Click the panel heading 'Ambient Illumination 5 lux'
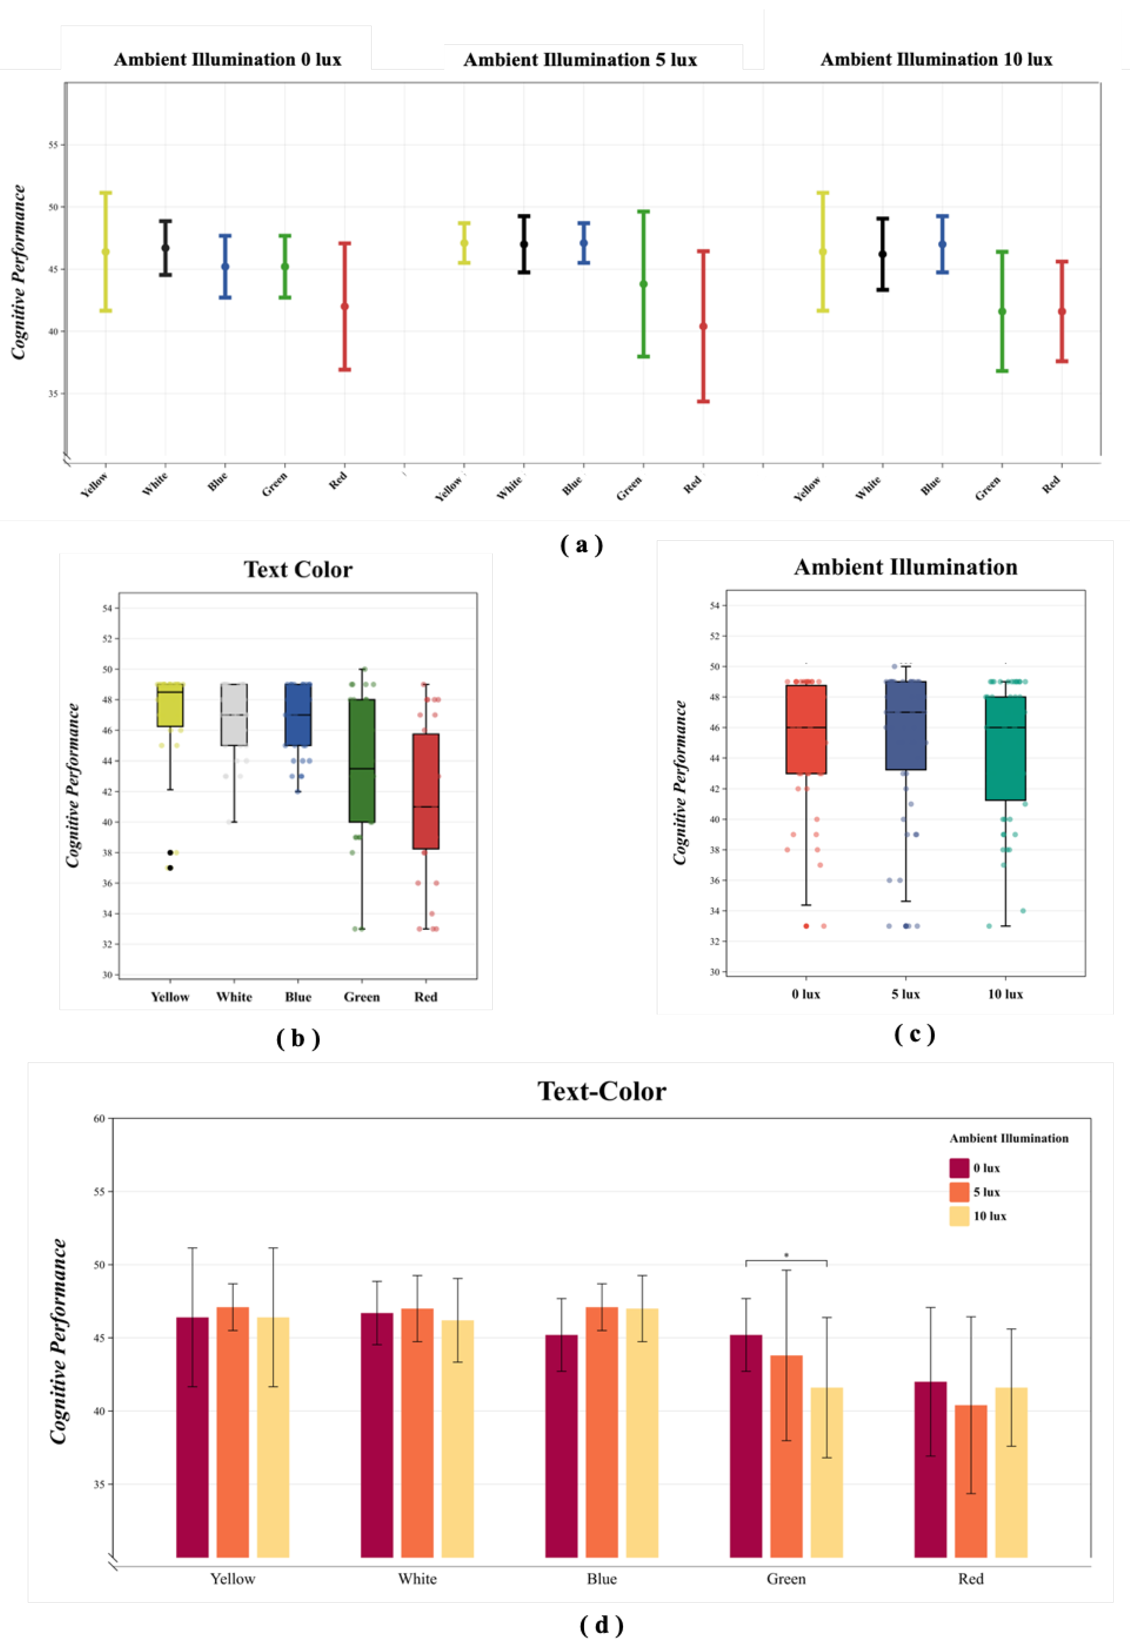click(580, 60)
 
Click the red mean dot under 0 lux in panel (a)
click(344, 307)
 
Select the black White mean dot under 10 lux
click(882, 254)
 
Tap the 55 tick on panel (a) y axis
click(53, 145)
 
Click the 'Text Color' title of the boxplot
click(298, 570)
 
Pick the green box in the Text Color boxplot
click(362, 761)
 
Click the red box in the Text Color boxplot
click(426, 791)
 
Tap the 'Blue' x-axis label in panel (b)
click(298, 997)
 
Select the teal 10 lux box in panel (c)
click(1005, 748)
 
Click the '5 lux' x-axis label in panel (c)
click(906, 994)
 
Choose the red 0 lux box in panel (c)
click(806, 729)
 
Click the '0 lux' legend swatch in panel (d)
click(959, 1168)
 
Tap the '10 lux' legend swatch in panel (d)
click(959, 1216)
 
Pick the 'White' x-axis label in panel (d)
click(417, 1579)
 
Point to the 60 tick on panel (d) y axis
click(99, 1119)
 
